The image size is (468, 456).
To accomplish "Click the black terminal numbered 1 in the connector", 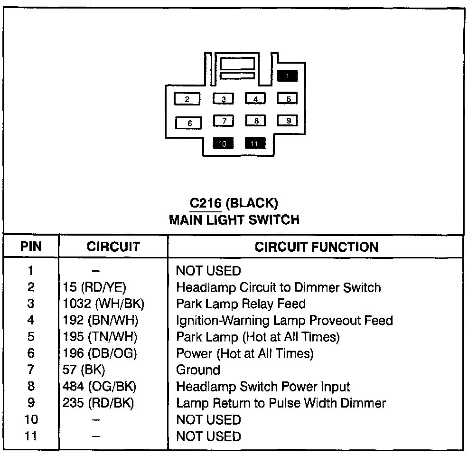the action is pyautogui.click(x=288, y=76).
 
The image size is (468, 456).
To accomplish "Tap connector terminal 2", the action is pyautogui.click(x=187, y=99).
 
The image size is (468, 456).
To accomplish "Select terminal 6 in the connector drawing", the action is pyautogui.click(x=189, y=123).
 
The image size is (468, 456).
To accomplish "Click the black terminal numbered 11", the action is pyautogui.click(x=255, y=143).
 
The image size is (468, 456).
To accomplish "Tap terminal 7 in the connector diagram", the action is pyautogui.click(x=224, y=121).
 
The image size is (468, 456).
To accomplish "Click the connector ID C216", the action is pyautogui.click(x=205, y=203).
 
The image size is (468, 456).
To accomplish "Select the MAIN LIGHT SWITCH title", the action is pyautogui.click(x=234, y=219).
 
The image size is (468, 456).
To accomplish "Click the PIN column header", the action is pyautogui.click(x=31, y=247).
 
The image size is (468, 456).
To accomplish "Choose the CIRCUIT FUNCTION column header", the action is pyautogui.click(x=317, y=247).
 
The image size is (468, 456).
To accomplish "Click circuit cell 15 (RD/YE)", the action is pyautogui.click(x=94, y=287).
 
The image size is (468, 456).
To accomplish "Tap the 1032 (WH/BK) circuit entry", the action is pyautogui.click(x=103, y=304).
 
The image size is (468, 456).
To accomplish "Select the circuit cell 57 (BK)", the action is pyautogui.click(x=84, y=370).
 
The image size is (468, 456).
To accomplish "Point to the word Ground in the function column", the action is pyautogui.click(x=198, y=370).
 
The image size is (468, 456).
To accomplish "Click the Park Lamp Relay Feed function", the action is pyautogui.click(x=241, y=304).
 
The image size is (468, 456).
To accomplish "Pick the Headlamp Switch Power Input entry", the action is pyautogui.click(x=263, y=387).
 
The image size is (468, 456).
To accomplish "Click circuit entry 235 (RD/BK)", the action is pyautogui.click(x=98, y=403).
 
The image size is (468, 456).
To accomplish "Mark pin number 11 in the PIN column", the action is pyautogui.click(x=31, y=436).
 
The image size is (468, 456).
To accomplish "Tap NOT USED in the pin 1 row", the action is pyautogui.click(x=208, y=271).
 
